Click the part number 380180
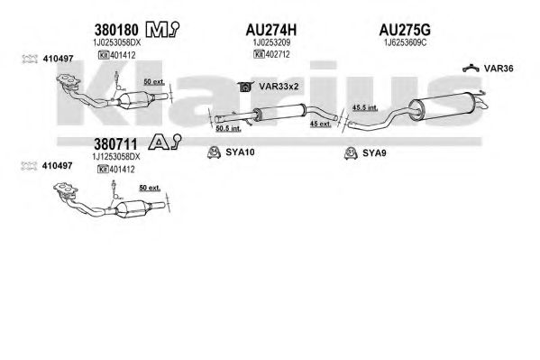116,31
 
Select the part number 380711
115,144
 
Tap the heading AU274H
270,31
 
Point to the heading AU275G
405,31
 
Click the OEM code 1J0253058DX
117,42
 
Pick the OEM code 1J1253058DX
116,157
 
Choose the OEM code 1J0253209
271,42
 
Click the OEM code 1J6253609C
406,42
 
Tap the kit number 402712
278,54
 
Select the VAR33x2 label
279,87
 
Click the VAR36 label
499,69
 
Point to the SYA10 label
240,152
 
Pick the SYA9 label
374,153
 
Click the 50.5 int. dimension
228,129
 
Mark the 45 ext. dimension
321,124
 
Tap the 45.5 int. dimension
365,107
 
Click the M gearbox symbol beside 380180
162,30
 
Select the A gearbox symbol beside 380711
165,142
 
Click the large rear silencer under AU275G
444,106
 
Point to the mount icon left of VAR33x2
245,87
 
